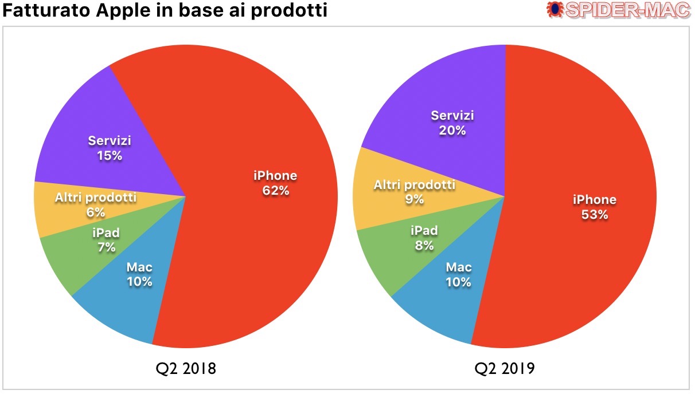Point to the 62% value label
click(x=275, y=191)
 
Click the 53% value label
click(x=595, y=215)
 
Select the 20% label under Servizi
click(x=452, y=131)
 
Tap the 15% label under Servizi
click(x=109, y=155)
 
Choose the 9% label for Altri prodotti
click(x=414, y=199)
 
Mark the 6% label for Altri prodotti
click(x=96, y=212)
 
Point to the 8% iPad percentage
click(x=424, y=246)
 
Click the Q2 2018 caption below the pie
click(x=185, y=368)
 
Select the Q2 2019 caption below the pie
click(x=504, y=368)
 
